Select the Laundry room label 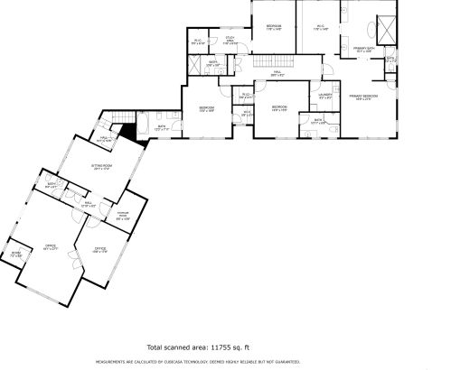tap(326, 94)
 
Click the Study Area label tap(231, 41)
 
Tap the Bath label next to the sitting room tap(53, 186)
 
